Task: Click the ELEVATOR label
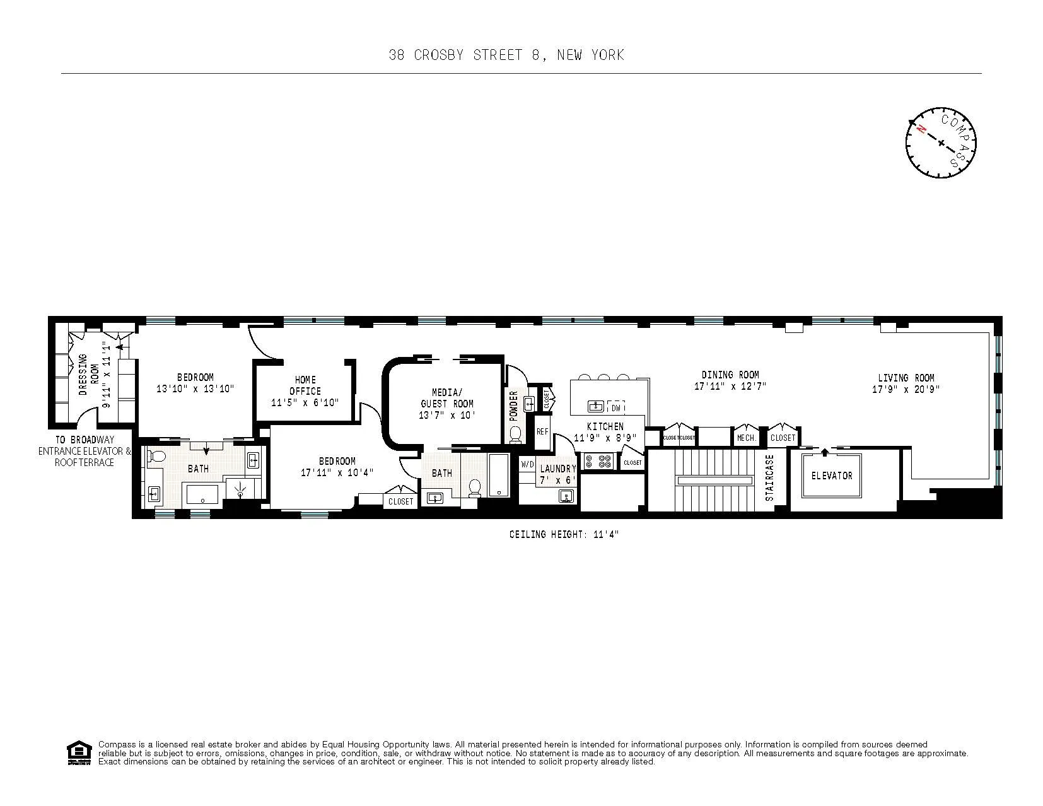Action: [831, 476]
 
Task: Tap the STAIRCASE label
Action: [769, 477]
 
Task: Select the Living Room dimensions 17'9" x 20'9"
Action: [906, 390]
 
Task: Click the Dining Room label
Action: [730, 375]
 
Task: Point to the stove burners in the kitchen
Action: [598, 461]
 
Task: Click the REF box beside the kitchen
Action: [542, 432]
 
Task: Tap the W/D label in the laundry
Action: [527, 464]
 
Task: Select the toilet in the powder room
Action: [515, 434]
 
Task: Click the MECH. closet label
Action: [746, 437]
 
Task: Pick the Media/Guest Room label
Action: [446, 398]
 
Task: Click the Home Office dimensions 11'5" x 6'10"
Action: [305, 402]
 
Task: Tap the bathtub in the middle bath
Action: [499, 475]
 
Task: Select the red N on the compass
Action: [922, 130]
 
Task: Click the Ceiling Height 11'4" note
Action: [564, 535]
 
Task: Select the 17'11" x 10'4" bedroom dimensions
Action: [337, 472]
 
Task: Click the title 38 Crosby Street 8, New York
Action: [506, 55]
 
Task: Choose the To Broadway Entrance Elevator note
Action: [84, 451]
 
